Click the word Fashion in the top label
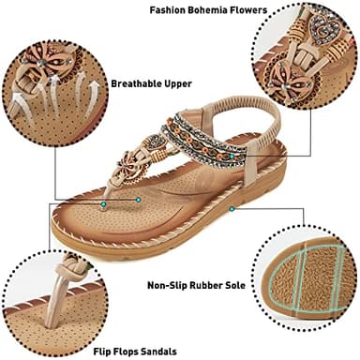(169, 10)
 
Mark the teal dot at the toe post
(139, 199)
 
